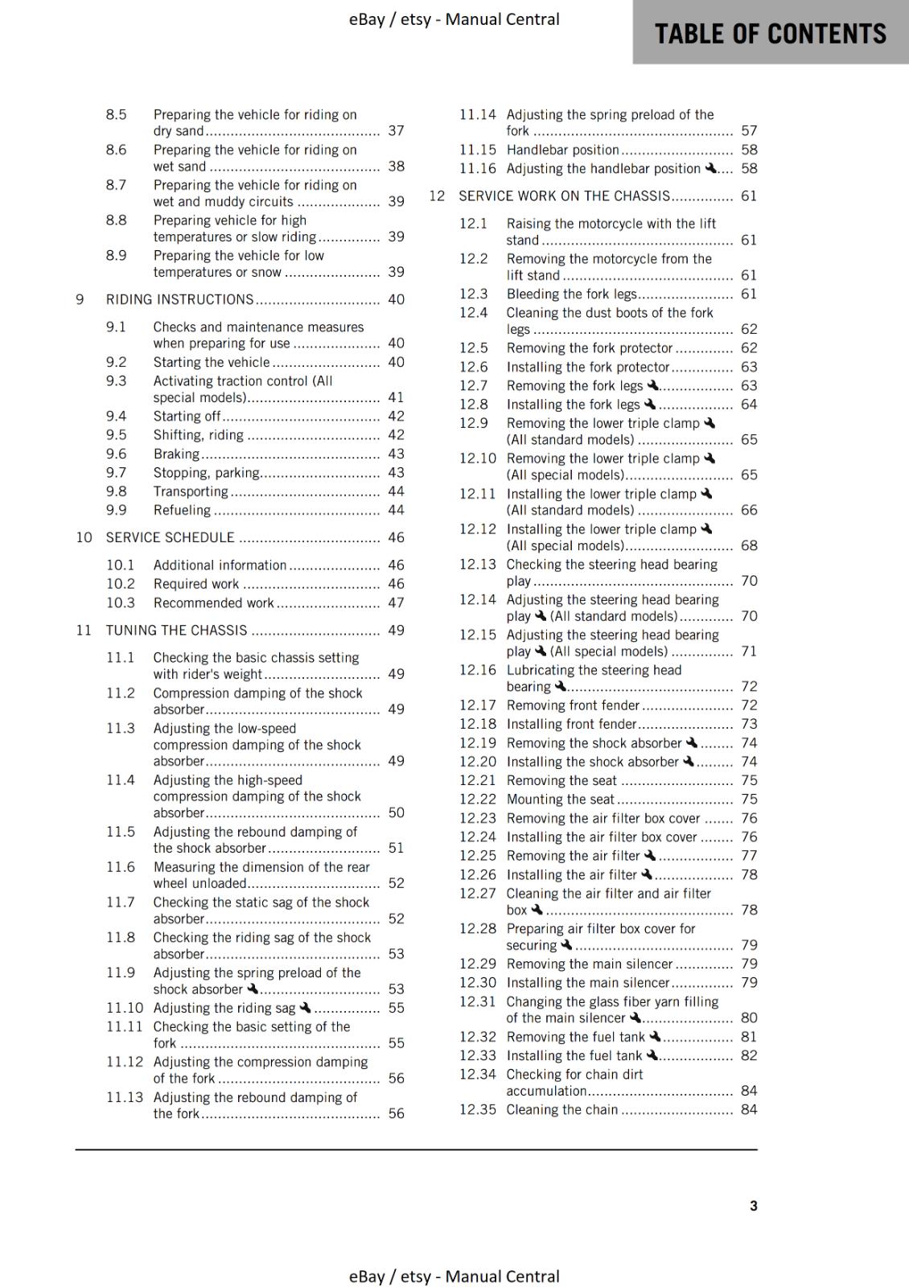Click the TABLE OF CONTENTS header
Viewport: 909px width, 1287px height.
point(770,34)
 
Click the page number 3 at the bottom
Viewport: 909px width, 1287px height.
point(753,1205)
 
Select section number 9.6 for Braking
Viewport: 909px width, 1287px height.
point(116,454)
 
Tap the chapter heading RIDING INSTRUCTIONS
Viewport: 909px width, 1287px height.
point(179,299)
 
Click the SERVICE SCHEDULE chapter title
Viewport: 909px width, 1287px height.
point(171,537)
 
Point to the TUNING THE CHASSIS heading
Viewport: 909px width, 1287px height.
point(176,630)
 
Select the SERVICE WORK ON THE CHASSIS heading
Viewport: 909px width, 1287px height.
point(564,195)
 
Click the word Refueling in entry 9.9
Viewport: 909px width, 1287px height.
point(182,510)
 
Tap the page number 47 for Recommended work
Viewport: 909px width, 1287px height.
point(396,602)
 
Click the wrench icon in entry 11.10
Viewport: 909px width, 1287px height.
point(305,1007)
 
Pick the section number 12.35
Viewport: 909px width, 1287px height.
point(477,1109)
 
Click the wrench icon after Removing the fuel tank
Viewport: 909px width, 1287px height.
point(654,1036)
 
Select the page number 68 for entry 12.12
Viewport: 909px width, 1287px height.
point(749,545)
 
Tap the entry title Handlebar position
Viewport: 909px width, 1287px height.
point(562,150)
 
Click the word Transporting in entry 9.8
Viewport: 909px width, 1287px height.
point(191,491)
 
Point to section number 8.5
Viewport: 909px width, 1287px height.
point(116,114)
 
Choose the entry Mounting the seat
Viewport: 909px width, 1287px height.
point(560,799)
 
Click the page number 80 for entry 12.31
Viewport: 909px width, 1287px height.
point(749,1018)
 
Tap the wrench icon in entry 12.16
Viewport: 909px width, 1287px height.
point(561,685)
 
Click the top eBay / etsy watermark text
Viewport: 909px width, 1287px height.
point(454,19)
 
